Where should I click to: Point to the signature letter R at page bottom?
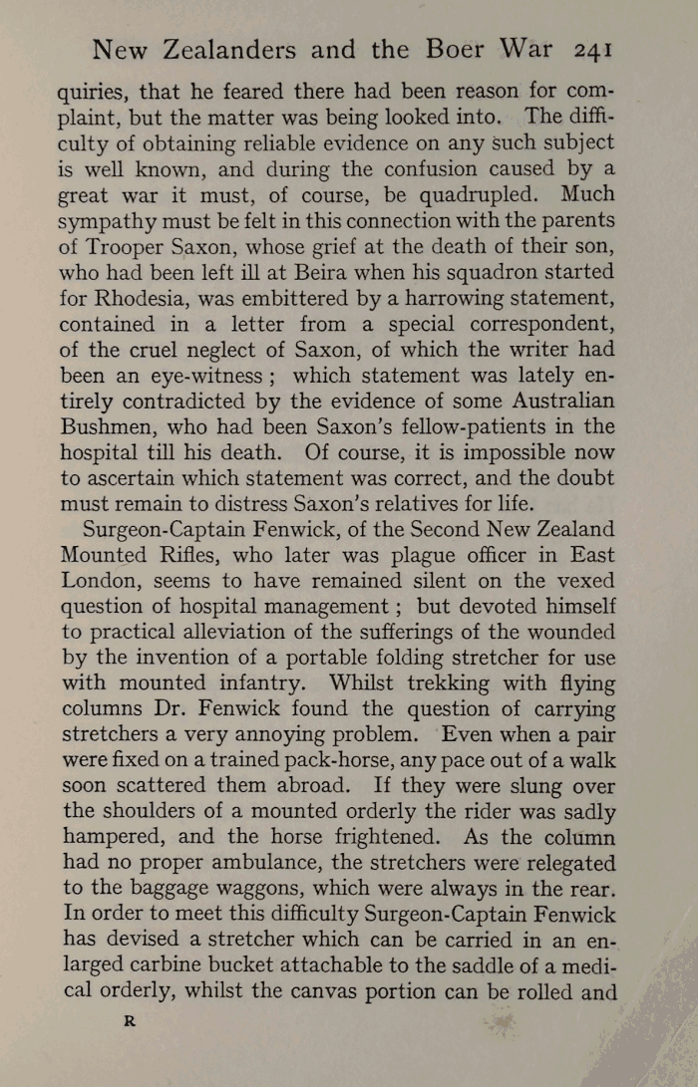128,1021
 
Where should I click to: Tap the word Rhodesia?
149,298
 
